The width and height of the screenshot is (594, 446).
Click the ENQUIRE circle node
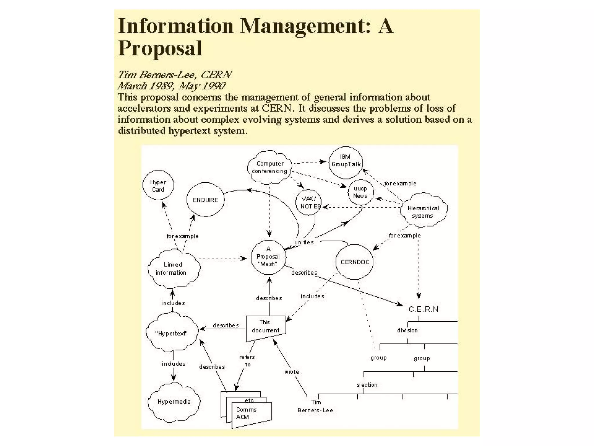[x=205, y=200]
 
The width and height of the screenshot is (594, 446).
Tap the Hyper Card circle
[x=158, y=186]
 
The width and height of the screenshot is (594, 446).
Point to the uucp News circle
[x=361, y=192]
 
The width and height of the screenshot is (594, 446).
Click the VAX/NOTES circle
[x=309, y=202]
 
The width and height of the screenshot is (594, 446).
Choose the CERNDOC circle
[x=354, y=262]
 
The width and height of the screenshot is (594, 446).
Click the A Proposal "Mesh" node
[x=268, y=257]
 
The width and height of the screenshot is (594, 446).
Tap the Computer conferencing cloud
[x=269, y=168]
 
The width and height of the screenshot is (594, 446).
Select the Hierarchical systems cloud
[x=423, y=211]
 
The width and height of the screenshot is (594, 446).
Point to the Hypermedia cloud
[x=174, y=402]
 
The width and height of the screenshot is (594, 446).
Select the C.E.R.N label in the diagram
[x=423, y=309]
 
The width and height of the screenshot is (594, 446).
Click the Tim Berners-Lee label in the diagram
[x=315, y=406]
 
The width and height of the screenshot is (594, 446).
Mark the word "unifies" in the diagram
[x=304, y=242]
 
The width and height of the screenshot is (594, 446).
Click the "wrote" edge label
[x=291, y=372]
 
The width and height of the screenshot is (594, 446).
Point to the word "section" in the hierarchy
[x=367, y=385]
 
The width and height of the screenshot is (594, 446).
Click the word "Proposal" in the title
[x=160, y=48]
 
